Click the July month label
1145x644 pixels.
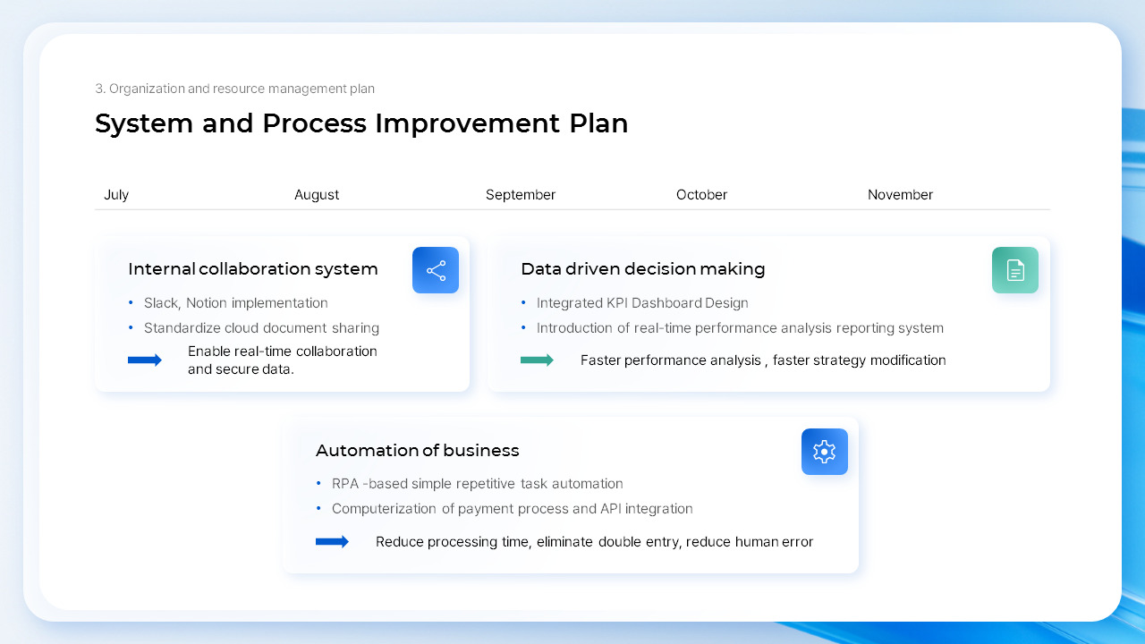(x=116, y=195)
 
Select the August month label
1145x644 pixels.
(x=317, y=195)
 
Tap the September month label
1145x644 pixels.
(x=521, y=195)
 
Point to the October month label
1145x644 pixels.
(x=701, y=195)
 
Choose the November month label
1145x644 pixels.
(x=900, y=195)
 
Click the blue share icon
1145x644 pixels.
(x=436, y=270)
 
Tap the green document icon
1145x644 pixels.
(x=1015, y=270)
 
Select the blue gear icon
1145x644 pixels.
(x=825, y=452)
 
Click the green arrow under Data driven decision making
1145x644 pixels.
(x=537, y=360)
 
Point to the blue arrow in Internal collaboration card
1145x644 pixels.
(x=145, y=360)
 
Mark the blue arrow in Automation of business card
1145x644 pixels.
(x=332, y=542)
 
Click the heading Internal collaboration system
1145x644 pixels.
(x=253, y=269)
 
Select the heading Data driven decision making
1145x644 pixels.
(x=642, y=269)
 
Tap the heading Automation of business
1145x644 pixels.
(x=417, y=451)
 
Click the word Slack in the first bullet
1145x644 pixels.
(x=161, y=303)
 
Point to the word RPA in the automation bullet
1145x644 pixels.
(x=345, y=484)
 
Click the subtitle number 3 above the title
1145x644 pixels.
(x=99, y=89)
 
